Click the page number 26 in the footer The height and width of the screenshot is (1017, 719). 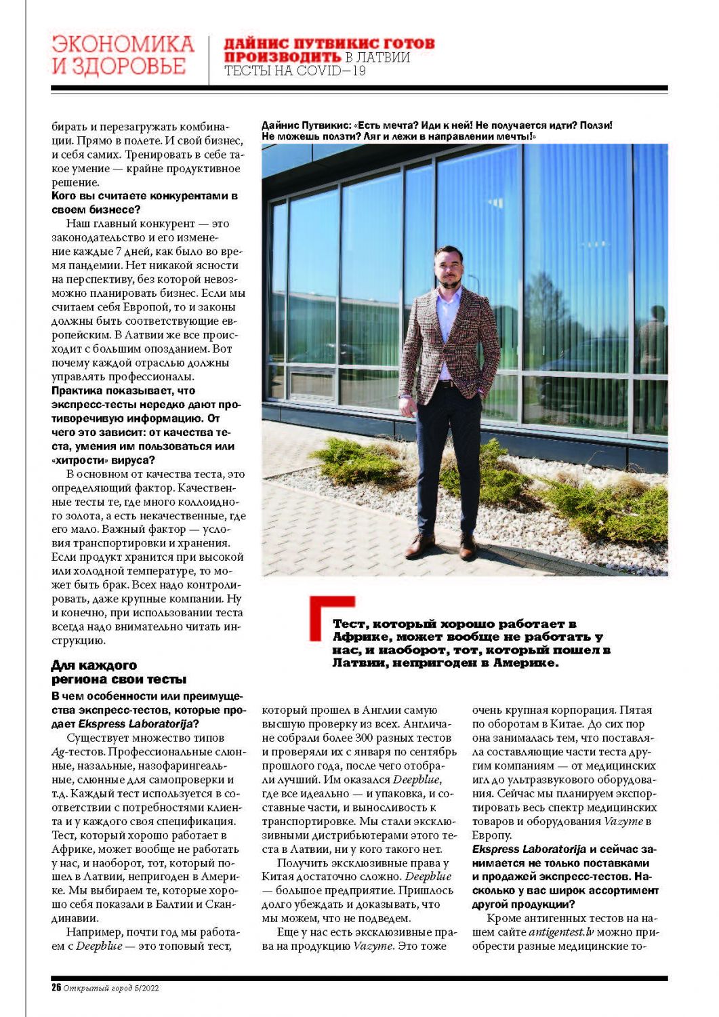click(x=56, y=988)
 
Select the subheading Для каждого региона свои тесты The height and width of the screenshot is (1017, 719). click(x=119, y=672)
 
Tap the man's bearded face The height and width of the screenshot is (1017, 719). click(x=450, y=268)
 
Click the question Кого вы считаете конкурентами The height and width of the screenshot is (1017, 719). click(x=144, y=196)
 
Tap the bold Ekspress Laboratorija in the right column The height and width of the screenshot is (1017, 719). click(x=529, y=849)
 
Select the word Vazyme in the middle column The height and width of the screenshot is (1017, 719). click(x=373, y=946)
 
